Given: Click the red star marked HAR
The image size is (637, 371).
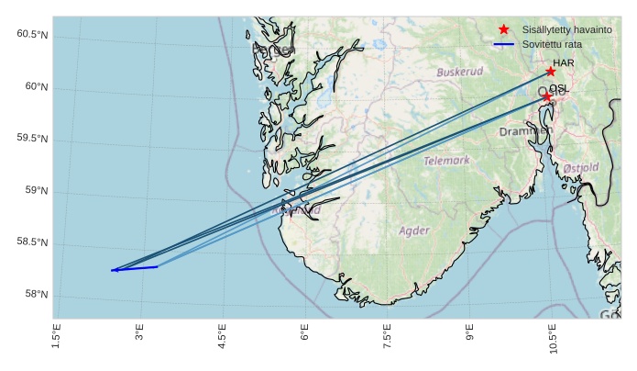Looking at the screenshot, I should [x=551, y=72].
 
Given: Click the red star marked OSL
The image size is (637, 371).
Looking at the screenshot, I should [x=547, y=96].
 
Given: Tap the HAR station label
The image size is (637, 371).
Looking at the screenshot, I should [x=563, y=63].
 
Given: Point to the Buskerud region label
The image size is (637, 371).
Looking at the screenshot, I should [x=459, y=72].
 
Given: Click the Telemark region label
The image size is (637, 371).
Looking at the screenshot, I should [x=446, y=161].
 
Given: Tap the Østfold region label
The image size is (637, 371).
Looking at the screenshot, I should [x=580, y=168].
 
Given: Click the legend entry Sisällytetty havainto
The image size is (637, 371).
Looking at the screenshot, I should [x=566, y=30].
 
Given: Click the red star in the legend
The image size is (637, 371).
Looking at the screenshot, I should [x=503, y=30].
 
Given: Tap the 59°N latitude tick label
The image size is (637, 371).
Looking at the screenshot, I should [x=35, y=191].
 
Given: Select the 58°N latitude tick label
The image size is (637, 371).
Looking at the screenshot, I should [x=35, y=295].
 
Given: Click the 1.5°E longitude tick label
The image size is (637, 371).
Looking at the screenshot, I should [x=57, y=338].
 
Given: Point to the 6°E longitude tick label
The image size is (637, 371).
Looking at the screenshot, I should [x=305, y=338].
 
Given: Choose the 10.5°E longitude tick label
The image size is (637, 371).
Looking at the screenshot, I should [x=553, y=340].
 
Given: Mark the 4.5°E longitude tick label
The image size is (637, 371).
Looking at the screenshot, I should [x=223, y=338].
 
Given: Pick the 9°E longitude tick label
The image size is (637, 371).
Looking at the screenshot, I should [x=470, y=338].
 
